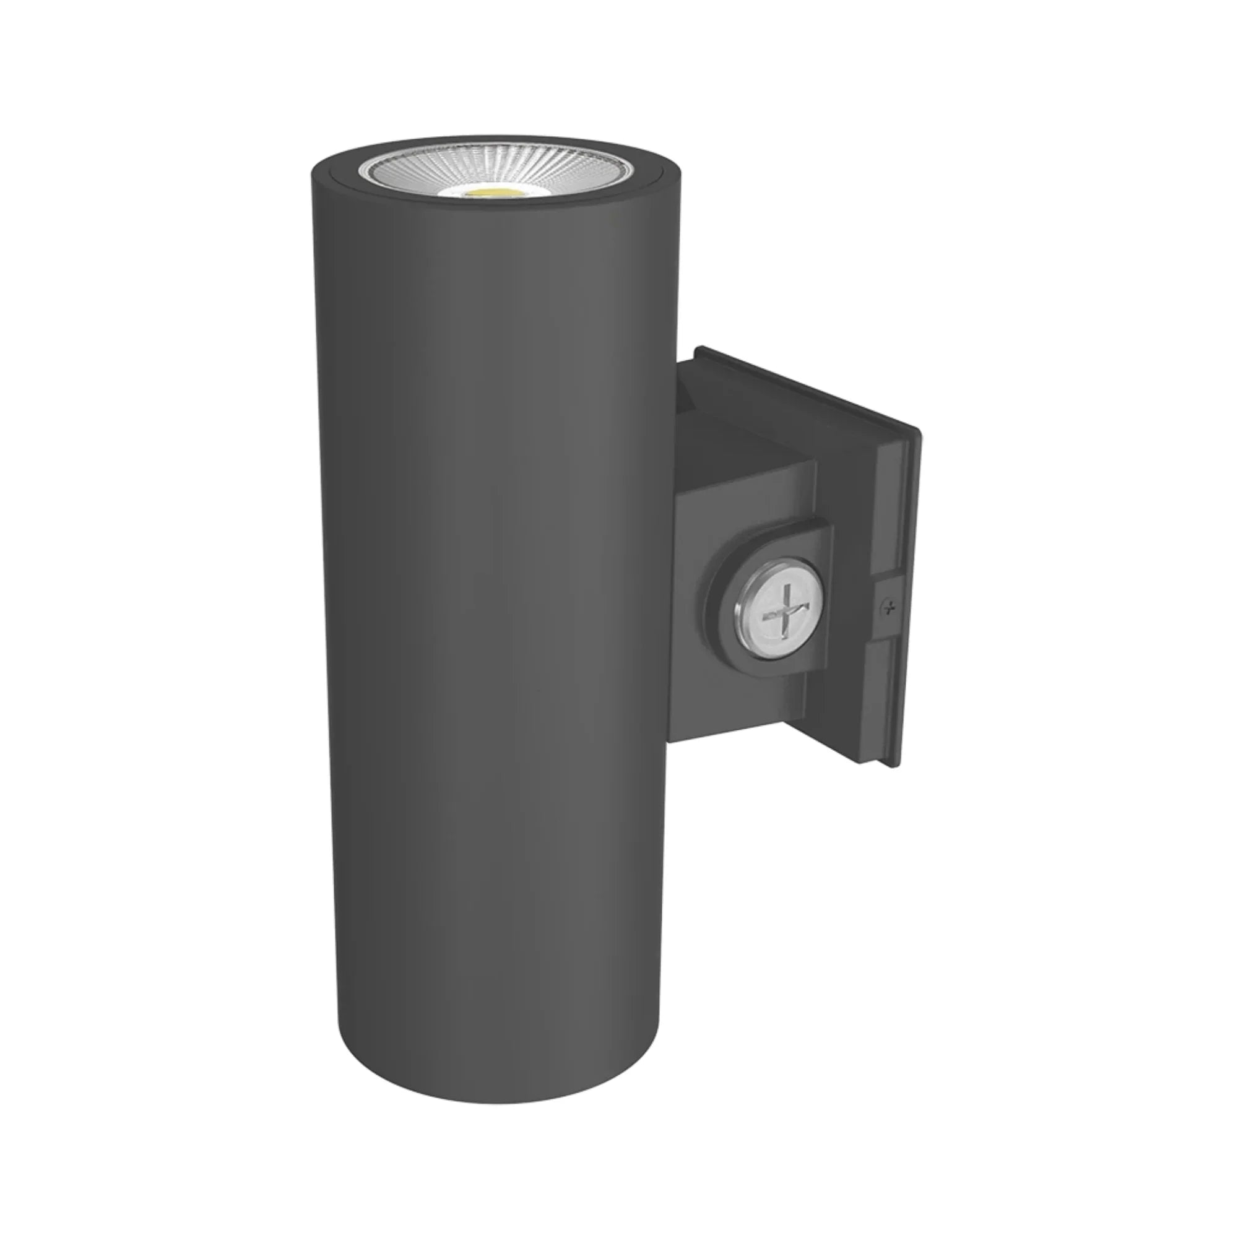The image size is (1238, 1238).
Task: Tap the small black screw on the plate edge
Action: pyautogui.click(x=889, y=605)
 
